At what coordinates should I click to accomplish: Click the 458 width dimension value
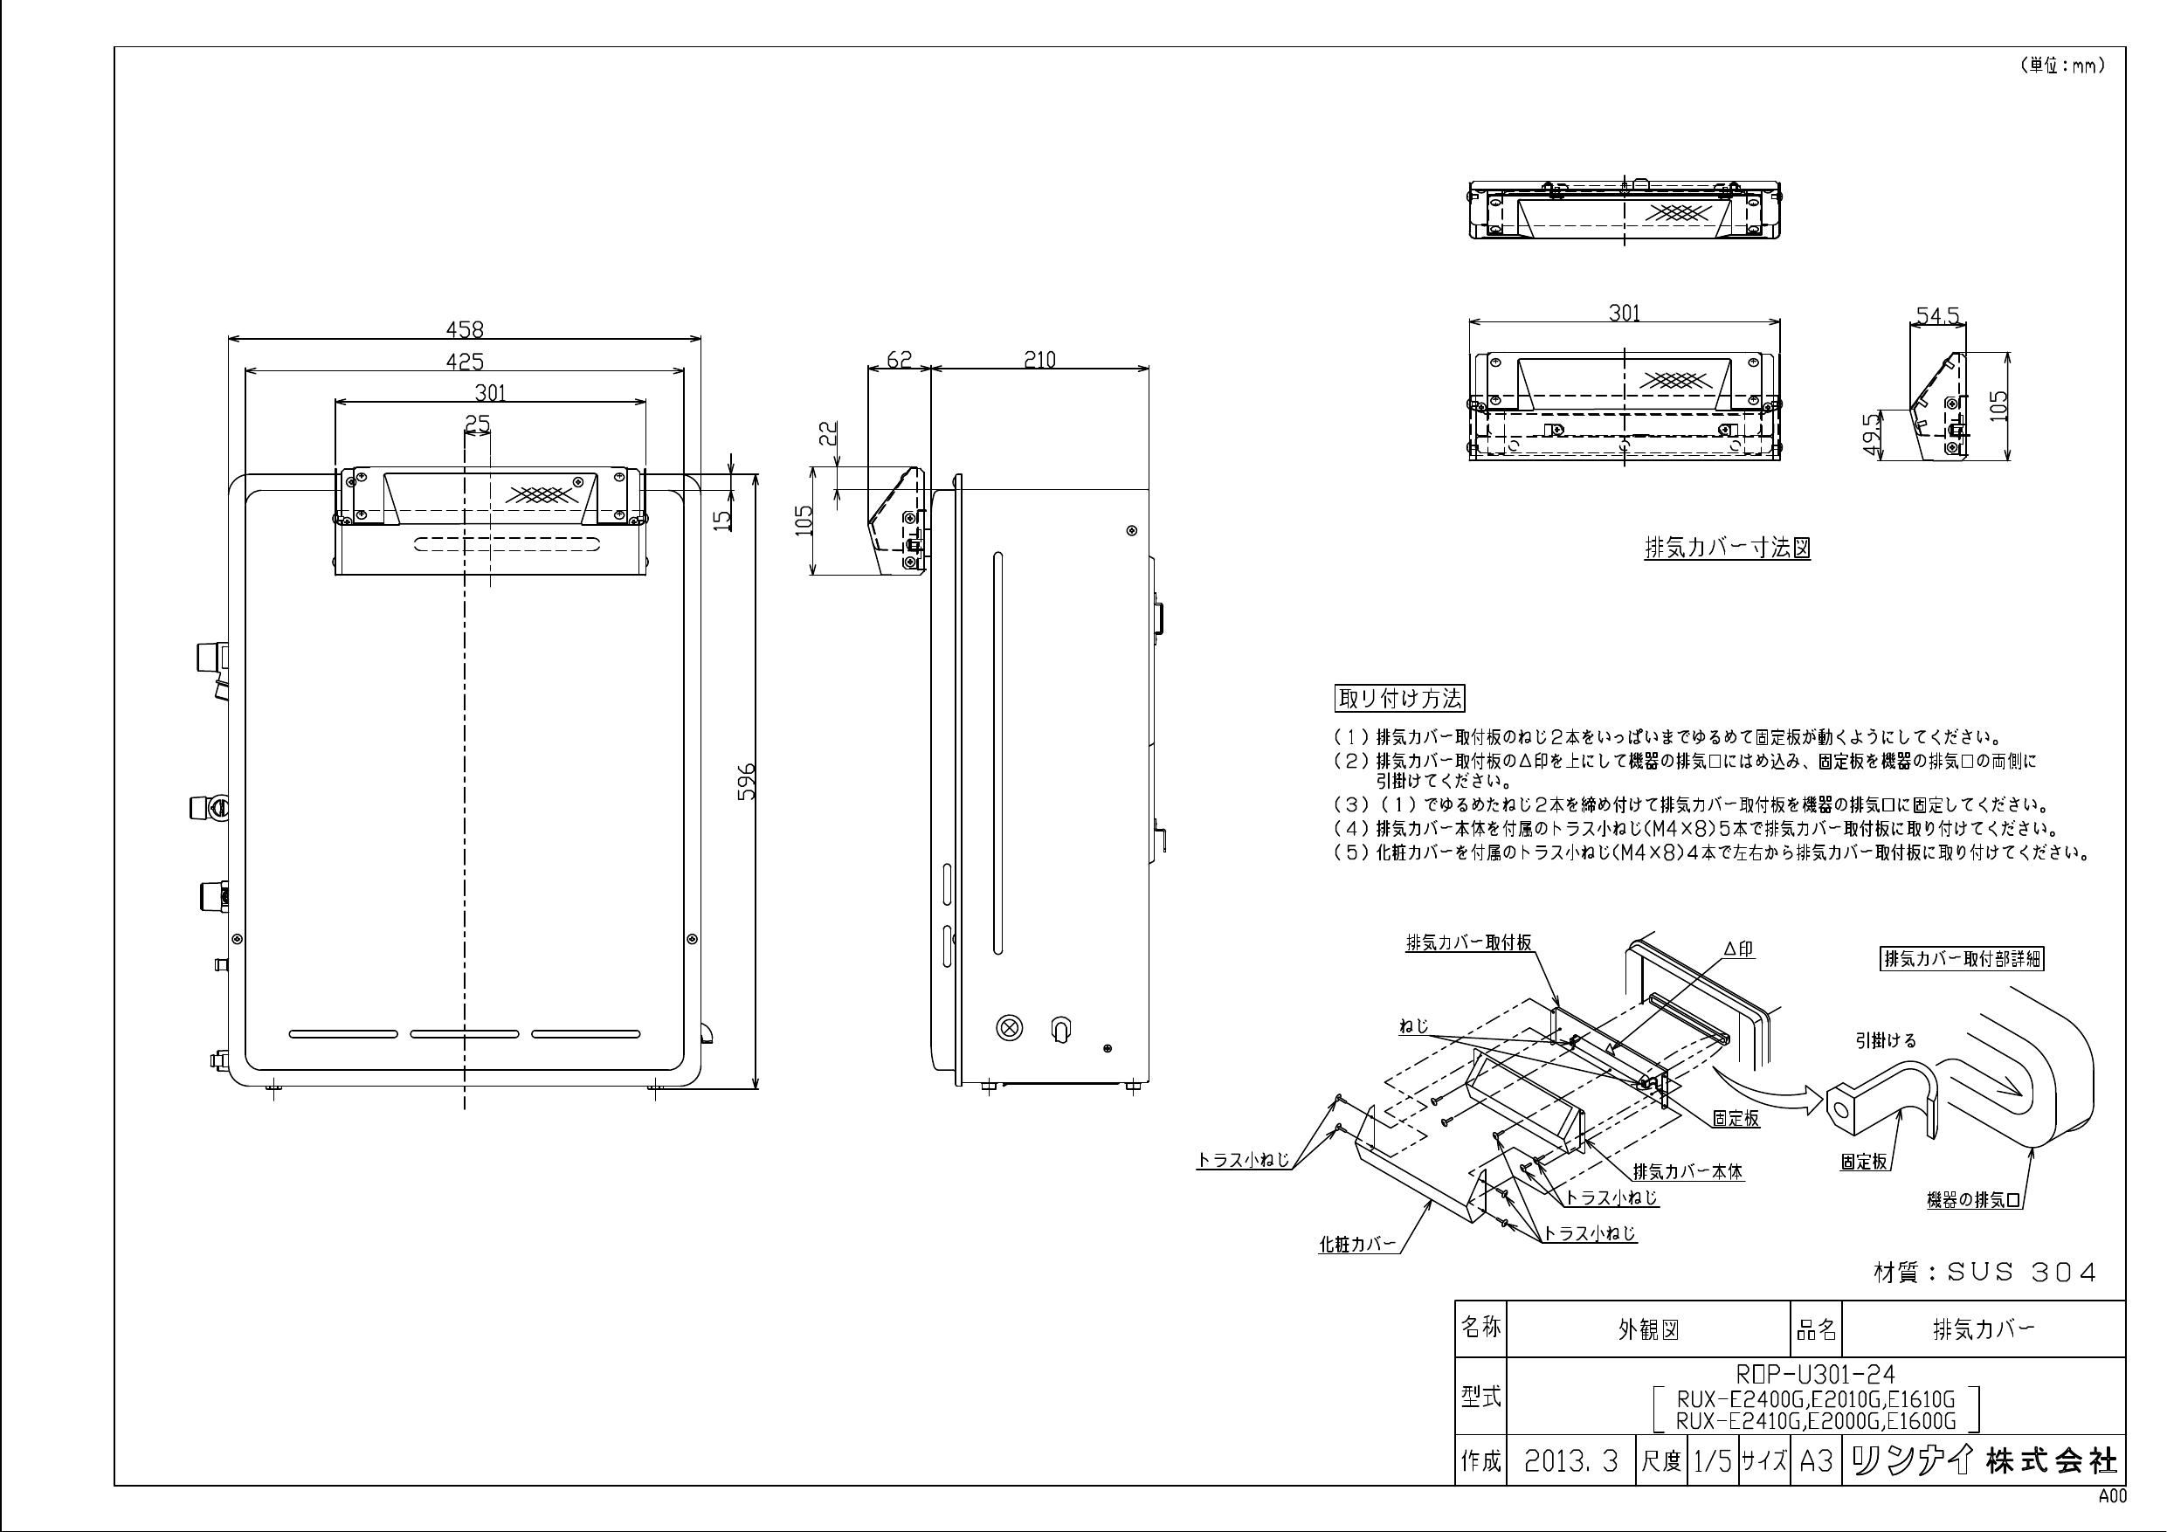pyautogui.click(x=465, y=328)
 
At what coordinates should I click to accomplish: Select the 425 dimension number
pyautogui.click(x=465, y=361)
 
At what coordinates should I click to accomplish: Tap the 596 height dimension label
pyautogui.click(x=747, y=782)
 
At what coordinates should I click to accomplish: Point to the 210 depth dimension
pyautogui.click(x=1039, y=360)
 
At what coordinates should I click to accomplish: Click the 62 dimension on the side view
pyautogui.click(x=901, y=360)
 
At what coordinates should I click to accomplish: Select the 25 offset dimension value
pyautogui.click(x=478, y=424)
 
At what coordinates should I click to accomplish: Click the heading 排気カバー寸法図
pyautogui.click(x=1727, y=549)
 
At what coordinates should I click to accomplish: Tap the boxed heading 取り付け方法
pyautogui.click(x=1399, y=699)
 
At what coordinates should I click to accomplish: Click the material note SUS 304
pyautogui.click(x=1984, y=1273)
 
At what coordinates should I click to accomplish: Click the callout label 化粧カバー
pyautogui.click(x=1356, y=1245)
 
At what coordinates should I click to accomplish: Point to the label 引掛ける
pyautogui.click(x=1886, y=1040)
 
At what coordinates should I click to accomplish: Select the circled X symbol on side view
pyautogui.click(x=1010, y=1027)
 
